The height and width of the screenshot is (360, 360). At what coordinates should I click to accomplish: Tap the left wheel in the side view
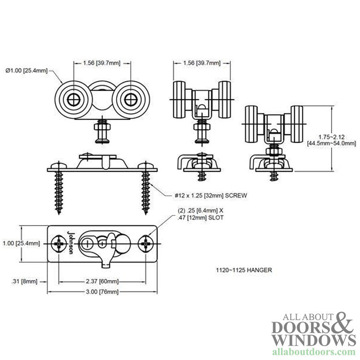(72, 100)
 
